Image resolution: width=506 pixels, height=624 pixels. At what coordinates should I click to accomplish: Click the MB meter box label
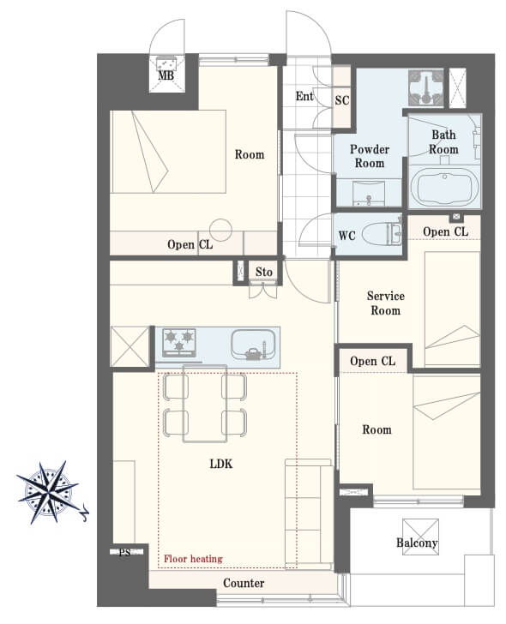click(x=166, y=75)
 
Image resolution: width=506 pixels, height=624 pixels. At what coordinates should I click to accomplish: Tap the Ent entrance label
click(x=304, y=96)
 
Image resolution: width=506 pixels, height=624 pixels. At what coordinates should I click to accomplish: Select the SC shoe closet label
click(x=342, y=100)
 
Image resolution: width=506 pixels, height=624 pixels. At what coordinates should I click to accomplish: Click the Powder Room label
click(x=370, y=156)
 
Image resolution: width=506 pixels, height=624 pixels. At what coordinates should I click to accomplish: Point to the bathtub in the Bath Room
click(x=444, y=188)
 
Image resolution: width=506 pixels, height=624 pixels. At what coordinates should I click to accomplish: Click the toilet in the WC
click(x=382, y=234)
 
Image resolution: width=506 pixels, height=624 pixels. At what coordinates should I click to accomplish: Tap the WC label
click(x=346, y=236)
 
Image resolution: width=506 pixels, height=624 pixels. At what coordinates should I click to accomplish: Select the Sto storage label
click(x=264, y=272)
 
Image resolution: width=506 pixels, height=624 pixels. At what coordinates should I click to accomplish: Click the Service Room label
click(x=385, y=303)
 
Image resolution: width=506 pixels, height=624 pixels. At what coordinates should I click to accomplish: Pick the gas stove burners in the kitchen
click(x=179, y=342)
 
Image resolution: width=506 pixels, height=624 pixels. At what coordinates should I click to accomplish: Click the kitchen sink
click(x=254, y=345)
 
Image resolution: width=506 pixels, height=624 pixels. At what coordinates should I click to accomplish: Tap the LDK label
click(x=221, y=464)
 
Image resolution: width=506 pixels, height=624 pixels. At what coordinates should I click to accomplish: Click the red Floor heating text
click(x=193, y=559)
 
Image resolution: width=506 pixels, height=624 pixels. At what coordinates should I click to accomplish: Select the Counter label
click(x=244, y=583)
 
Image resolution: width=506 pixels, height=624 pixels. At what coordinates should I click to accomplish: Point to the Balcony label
click(x=417, y=543)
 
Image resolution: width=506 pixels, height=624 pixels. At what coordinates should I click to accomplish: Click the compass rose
click(x=49, y=492)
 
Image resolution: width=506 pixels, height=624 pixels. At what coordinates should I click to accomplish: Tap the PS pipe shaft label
click(x=124, y=552)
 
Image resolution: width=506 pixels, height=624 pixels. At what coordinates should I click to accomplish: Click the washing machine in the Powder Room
click(x=425, y=88)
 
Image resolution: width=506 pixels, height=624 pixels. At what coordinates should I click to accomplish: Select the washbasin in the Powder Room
click(x=369, y=193)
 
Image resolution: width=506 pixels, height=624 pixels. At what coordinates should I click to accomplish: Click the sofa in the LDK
click(x=309, y=514)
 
